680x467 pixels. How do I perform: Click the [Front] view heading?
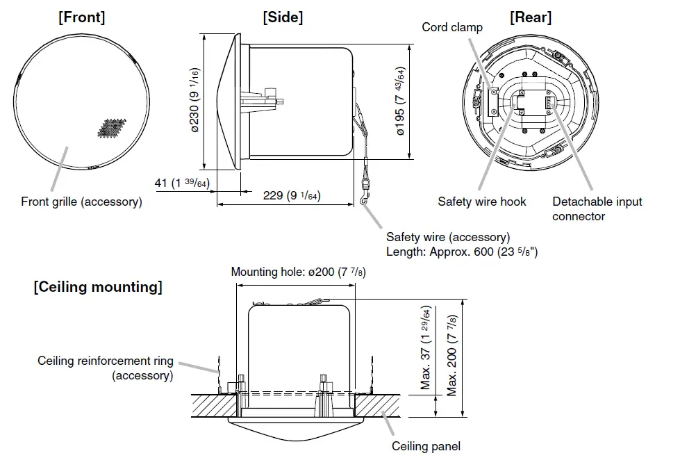pyautogui.click(x=81, y=17)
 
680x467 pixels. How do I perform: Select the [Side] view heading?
pyautogui.click(x=283, y=17)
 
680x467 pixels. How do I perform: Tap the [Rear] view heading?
pyautogui.click(x=531, y=17)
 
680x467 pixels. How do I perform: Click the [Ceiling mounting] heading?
pyautogui.click(x=98, y=287)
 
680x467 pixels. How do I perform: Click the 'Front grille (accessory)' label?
pyautogui.click(x=81, y=202)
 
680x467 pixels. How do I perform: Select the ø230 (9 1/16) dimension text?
pyautogui.click(x=195, y=100)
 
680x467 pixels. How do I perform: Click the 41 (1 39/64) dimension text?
pyautogui.click(x=182, y=183)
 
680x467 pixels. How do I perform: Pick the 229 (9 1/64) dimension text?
pyautogui.click(x=291, y=196)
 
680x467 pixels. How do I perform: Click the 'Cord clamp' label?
pyautogui.click(x=452, y=27)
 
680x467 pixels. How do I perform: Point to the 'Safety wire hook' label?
pyautogui.click(x=482, y=202)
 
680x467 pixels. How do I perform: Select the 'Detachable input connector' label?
pyautogui.click(x=597, y=208)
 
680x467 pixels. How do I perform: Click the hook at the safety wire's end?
pyautogui.click(x=365, y=200)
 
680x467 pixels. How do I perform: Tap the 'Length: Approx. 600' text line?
pyautogui.click(x=461, y=252)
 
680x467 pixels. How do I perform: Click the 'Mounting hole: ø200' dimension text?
pyautogui.click(x=298, y=272)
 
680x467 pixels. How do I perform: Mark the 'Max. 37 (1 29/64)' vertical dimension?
pyautogui.click(x=426, y=347)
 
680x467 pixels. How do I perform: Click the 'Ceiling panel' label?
pyautogui.click(x=426, y=446)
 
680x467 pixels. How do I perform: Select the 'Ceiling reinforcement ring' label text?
pyautogui.click(x=106, y=361)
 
